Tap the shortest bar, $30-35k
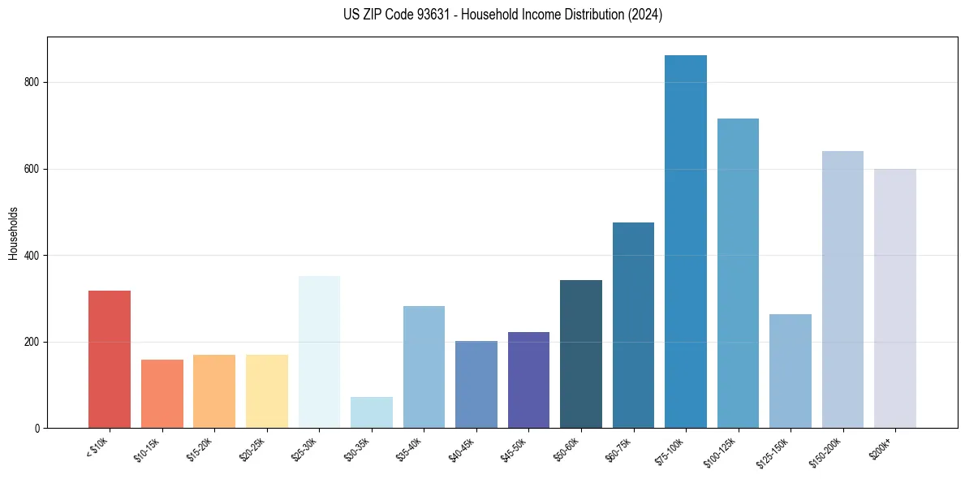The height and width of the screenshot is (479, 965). tap(372, 412)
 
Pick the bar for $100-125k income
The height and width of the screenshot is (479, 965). tap(738, 273)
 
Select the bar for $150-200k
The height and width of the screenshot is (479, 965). tap(842, 289)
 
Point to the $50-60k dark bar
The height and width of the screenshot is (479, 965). tap(581, 354)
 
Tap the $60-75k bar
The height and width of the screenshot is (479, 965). tap(633, 325)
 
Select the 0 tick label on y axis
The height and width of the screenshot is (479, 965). tap(37, 429)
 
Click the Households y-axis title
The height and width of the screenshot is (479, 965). tap(13, 233)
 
